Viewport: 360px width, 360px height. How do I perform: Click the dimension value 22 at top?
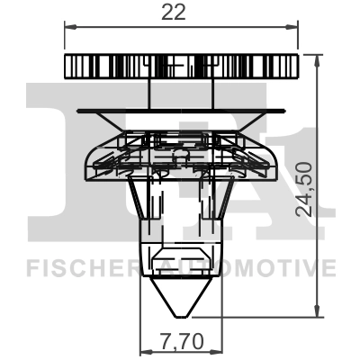pos(180,13)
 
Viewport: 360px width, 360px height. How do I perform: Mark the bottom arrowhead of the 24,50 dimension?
pos(317,311)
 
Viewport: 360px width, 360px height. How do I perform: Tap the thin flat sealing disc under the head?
pos(180,112)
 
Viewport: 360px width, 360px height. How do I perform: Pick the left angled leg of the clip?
pos(138,200)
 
